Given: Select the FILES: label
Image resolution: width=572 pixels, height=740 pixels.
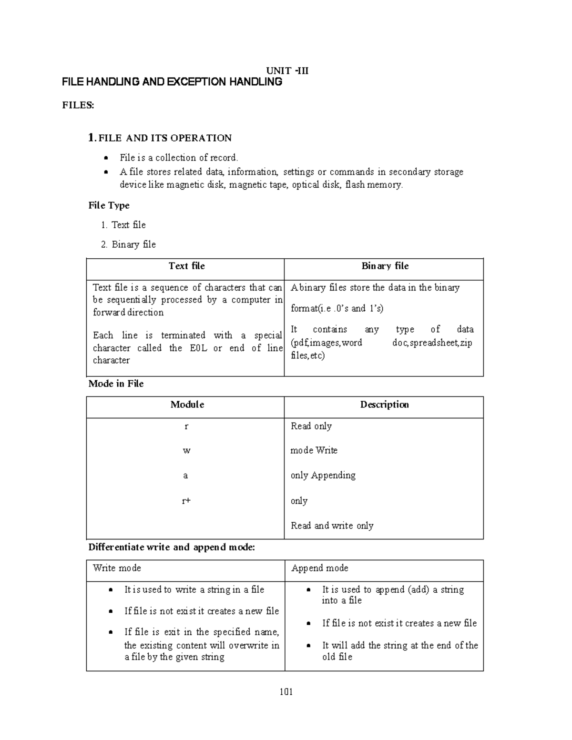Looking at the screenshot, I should [78, 105].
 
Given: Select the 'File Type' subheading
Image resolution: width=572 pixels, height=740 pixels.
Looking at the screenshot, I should [109, 205].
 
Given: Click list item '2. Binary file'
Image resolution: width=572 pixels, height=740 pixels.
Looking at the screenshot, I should [128, 244].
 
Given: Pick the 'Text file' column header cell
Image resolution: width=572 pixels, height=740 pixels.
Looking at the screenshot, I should [186, 266].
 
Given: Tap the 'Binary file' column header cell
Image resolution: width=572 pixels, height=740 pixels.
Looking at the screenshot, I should [385, 266].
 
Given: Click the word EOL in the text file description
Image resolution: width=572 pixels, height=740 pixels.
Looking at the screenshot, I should [198, 348].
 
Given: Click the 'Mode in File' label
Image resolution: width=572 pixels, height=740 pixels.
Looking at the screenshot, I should [116, 384].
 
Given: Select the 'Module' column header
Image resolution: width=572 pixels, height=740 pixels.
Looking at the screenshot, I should [187, 405].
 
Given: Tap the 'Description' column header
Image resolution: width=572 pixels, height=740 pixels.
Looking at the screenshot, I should [384, 405].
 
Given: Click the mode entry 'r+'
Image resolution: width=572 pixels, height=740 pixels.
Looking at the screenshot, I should [186, 501].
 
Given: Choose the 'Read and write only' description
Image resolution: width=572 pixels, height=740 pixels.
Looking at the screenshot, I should [332, 526].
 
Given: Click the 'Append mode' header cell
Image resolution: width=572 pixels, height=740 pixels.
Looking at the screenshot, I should [320, 568].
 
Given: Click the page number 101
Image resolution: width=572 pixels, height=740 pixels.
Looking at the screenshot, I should [286, 692].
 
